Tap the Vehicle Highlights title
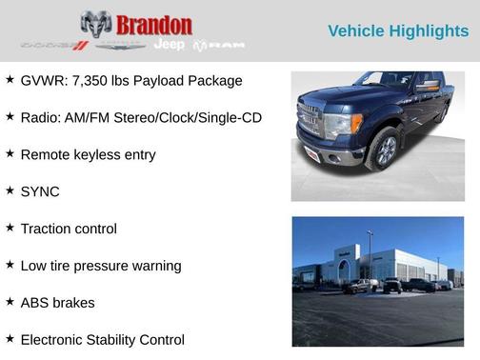[397, 31]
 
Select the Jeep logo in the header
[170, 45]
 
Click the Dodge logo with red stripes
[54, 45]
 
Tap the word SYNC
[40, 191]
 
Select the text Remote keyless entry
[88, 154]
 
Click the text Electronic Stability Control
[102, 339]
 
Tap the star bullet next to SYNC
[10, 190]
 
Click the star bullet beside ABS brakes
[10, 302]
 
